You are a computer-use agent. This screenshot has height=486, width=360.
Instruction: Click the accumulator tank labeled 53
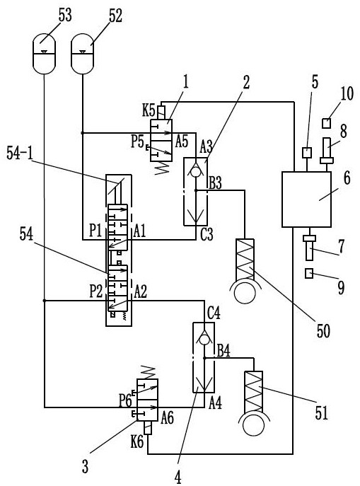44,53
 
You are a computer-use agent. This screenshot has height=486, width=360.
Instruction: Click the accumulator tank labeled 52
83,53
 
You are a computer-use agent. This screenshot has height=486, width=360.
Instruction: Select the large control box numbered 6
306,199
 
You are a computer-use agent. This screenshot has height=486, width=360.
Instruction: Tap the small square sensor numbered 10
326,124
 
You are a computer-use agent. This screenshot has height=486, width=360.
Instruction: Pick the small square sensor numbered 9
309,274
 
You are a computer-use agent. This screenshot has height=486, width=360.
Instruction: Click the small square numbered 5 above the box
307,153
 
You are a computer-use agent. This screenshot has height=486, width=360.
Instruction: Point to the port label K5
149,110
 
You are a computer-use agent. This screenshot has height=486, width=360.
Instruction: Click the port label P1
95,231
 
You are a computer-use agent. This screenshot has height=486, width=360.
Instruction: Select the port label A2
140,291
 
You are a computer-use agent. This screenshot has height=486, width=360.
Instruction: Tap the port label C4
214,313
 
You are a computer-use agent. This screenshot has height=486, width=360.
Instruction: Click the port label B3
215,183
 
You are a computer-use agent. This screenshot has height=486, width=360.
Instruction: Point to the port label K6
137,442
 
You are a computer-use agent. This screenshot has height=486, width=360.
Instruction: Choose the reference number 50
323,330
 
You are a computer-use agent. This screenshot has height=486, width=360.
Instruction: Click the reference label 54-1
20,154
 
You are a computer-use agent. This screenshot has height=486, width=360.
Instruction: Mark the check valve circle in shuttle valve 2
195,172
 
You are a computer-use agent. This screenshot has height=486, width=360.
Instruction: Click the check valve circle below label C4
204,340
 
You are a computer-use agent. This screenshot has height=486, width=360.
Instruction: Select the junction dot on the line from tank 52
83,133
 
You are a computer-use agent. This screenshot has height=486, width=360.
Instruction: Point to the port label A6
168,418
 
